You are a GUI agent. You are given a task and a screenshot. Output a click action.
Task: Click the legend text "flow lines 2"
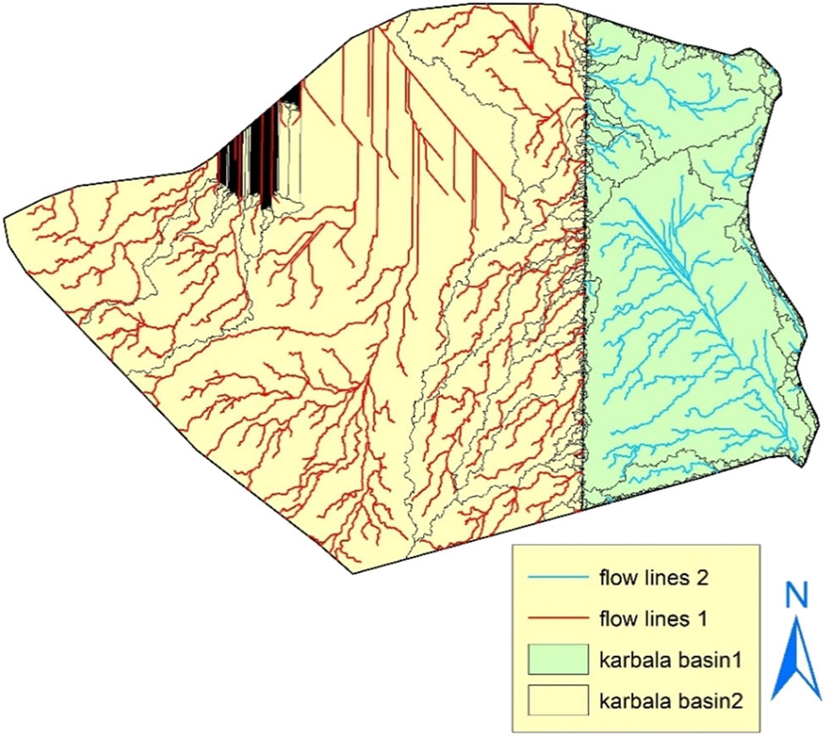coord(657,579)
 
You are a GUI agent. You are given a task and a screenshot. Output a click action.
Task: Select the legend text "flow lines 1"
coord(657,619)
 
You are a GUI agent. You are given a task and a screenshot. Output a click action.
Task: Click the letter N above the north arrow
coord(795,597)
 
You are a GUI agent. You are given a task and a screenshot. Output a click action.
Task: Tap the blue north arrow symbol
coord(795,660)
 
